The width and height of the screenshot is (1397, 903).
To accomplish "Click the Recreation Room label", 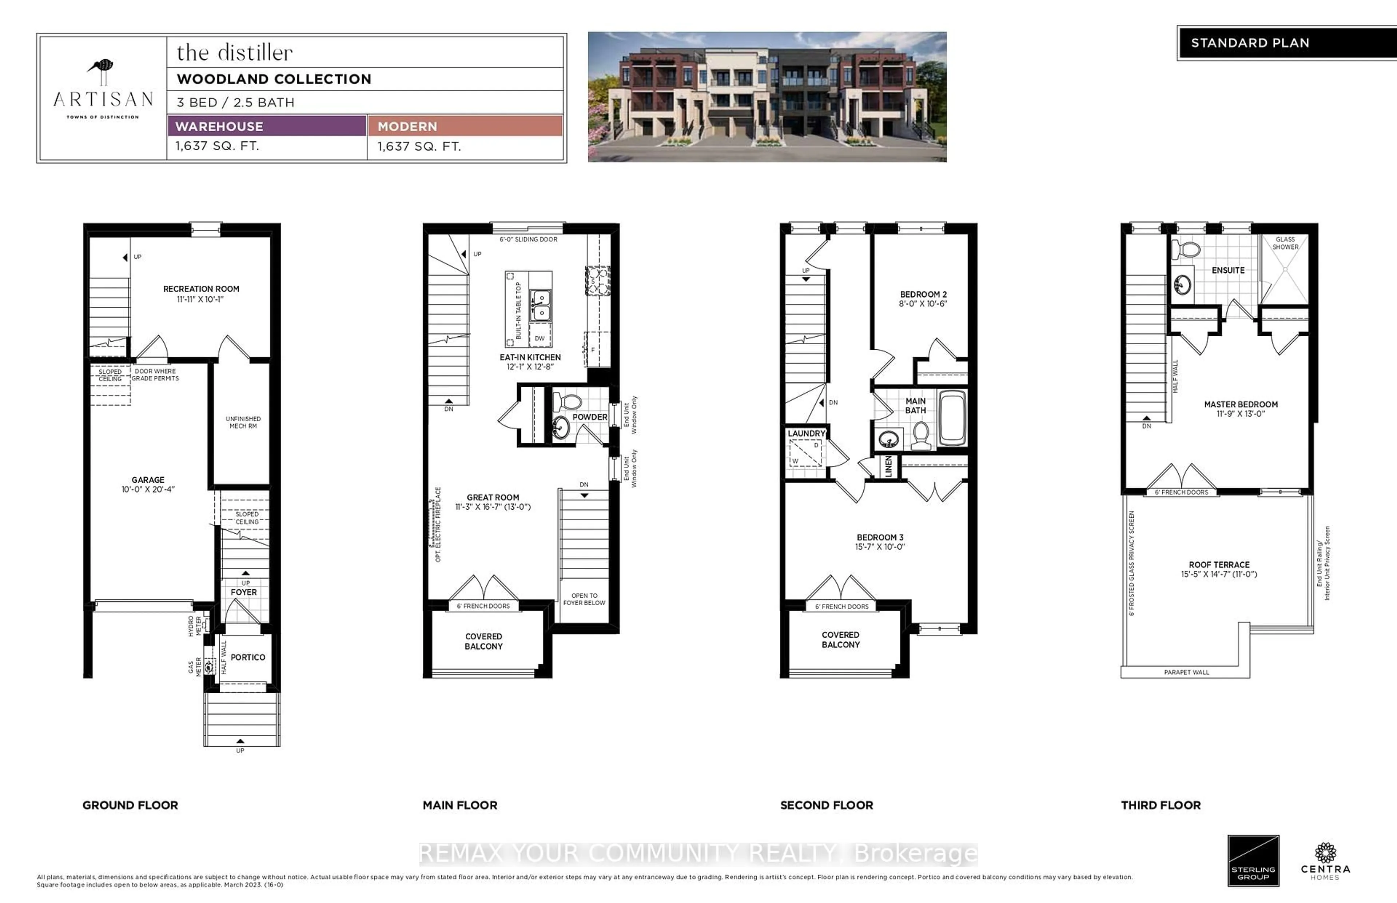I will point(201,289).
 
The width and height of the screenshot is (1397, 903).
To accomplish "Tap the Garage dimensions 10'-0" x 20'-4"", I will point(148,489).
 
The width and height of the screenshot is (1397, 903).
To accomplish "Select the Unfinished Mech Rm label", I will point(243,422).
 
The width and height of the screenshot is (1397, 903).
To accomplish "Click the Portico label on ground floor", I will point(248,657).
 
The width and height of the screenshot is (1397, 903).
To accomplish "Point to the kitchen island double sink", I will point(540,305).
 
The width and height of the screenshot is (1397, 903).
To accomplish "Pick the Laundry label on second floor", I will point(806,433).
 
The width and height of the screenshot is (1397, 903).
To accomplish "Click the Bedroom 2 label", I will point(923,294).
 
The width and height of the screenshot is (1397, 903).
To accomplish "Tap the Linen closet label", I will point(888,467).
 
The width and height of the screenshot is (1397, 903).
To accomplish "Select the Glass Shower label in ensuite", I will point(1285,243).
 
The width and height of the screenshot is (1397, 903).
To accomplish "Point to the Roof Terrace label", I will point(1219,564).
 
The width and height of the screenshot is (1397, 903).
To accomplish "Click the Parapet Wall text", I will point(1186,672).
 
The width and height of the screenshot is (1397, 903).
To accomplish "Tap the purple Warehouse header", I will point(267,126).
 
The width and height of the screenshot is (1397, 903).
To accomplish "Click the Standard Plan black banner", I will point(1286,43).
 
